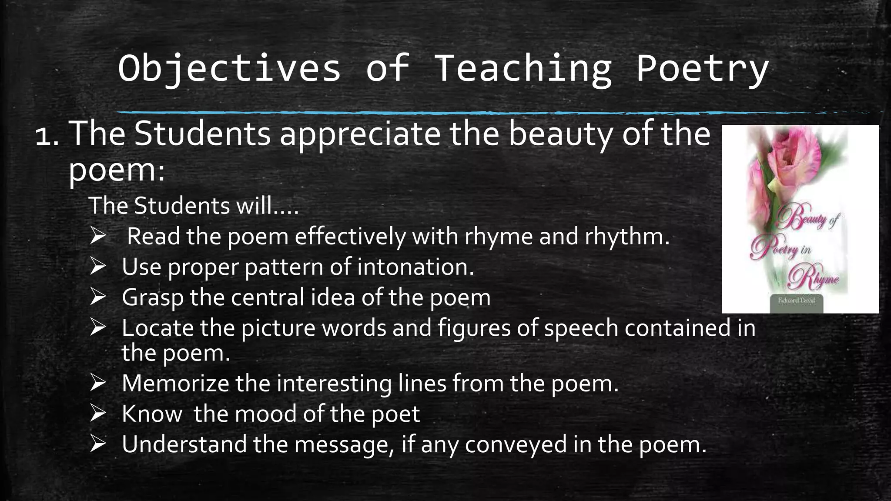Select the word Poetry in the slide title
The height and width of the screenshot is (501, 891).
point(702,68)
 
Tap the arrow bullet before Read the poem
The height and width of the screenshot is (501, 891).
point(98,236)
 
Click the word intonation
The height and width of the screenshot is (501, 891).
point(415,267)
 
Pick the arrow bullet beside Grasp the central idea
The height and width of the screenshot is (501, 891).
point(98,297)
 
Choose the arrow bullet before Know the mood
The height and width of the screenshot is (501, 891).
point(98,413)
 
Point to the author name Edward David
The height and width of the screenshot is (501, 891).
point(797,301)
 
